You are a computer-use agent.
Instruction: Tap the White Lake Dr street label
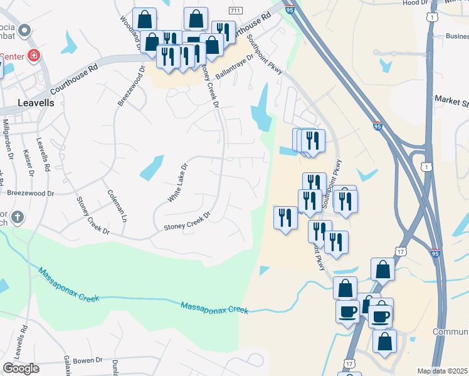coord(177,183)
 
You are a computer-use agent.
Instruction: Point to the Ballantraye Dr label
coord(234,66)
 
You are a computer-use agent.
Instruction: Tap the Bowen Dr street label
coord(87,360)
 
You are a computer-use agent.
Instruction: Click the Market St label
coord(451,100)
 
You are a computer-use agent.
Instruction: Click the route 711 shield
coord(236,11)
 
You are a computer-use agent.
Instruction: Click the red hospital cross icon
coord(34,56)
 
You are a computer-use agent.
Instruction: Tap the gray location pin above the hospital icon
coord(24,30)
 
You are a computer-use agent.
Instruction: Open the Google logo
coord(21,368)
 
